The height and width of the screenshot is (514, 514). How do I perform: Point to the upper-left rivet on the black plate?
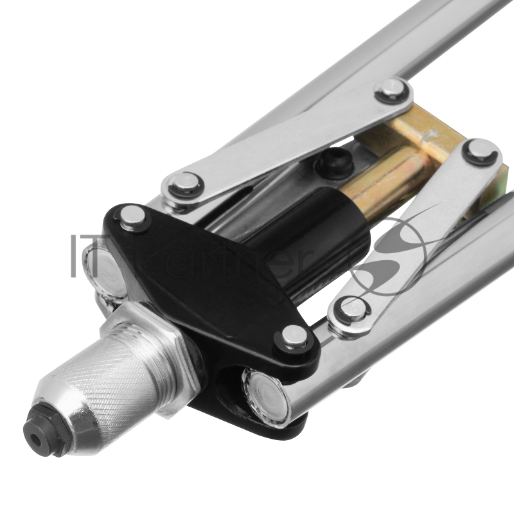(132, 217)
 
